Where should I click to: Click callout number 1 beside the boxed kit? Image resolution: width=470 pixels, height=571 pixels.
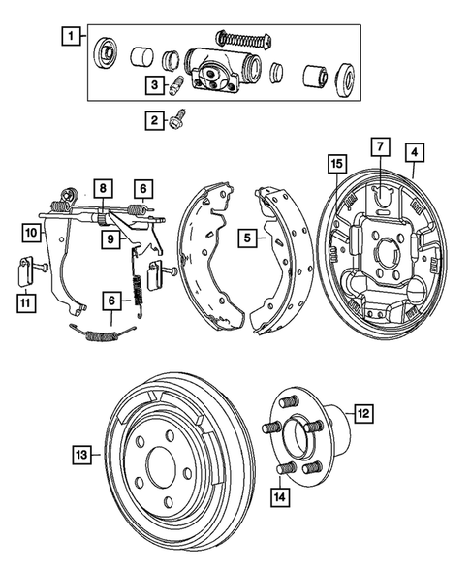coord(69,39)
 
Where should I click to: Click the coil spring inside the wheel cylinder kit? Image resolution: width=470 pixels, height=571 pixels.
coord(242,39)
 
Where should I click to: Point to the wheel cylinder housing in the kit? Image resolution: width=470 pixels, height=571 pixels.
coord(217,76)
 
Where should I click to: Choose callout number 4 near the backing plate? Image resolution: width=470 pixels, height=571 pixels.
coord(414,151)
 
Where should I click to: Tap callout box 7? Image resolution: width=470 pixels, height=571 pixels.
coord(381,147)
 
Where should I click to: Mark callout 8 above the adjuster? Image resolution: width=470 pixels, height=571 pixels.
coord(104,188)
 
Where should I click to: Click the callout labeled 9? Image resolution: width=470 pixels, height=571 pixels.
coord(111,238)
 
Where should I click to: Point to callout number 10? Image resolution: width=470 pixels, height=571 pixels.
coord(31,233)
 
